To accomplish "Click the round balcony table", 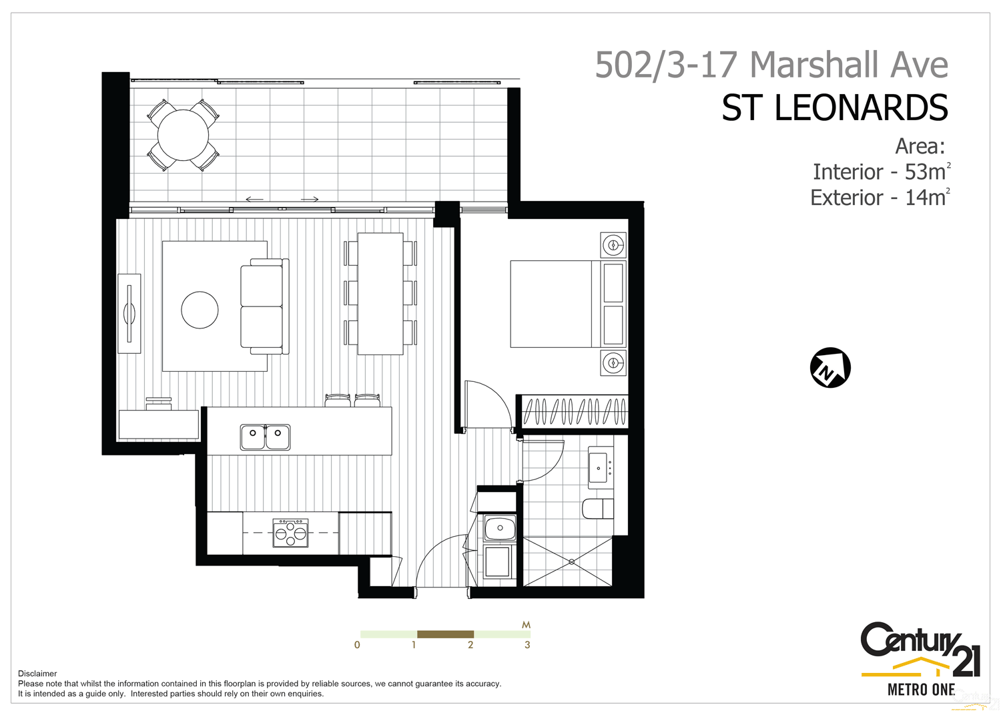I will click(183, 135).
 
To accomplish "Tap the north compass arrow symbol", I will click(830, 367).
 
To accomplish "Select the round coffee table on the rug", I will click(200, 310).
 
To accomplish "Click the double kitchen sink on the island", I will click(265, 437).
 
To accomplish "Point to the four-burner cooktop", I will click(290, 533).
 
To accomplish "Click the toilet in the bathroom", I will click(598, 508).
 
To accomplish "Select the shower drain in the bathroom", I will click(571, 561).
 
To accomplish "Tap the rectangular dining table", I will click(380, 293).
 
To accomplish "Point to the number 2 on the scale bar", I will click(470, 645).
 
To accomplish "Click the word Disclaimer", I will click(37, 674).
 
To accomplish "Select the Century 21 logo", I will click(920, 657).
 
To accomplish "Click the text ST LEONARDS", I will click(834, 108).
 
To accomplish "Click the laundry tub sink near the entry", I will click(500, 528).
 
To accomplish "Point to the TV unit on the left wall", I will click(129, 313).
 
